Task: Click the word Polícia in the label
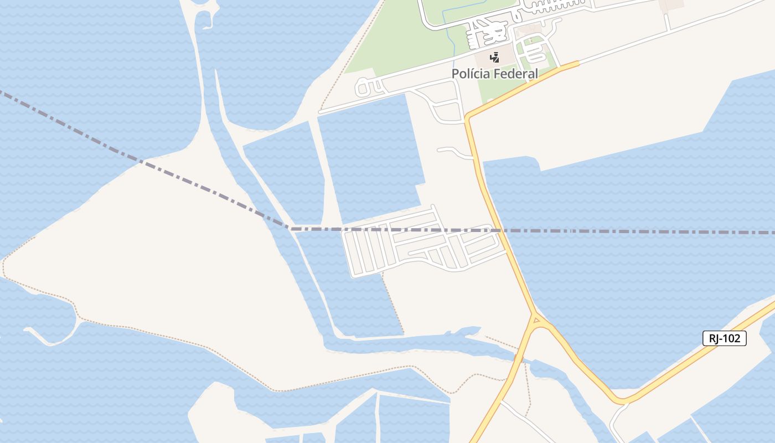469,74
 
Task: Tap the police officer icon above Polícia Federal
494,56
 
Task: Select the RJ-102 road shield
724,338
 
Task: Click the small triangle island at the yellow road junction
536,320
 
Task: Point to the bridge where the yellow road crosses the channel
519,359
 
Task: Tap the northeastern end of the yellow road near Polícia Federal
577,63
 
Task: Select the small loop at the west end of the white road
363,87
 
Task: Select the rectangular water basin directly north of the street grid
371,158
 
